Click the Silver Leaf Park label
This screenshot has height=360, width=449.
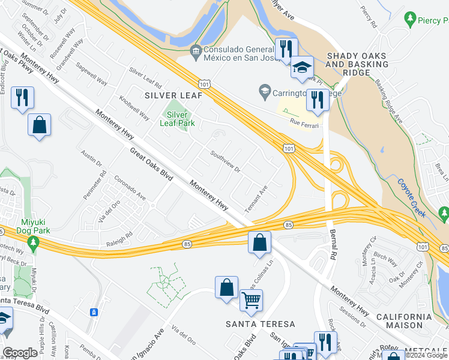177,118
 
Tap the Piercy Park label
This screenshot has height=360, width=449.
429,20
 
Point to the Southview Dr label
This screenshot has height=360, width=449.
225,161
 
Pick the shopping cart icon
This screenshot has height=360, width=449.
251,300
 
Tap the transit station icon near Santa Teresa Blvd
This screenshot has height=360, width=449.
94,312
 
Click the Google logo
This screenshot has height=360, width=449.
20,353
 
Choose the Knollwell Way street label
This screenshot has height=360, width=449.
134,107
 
